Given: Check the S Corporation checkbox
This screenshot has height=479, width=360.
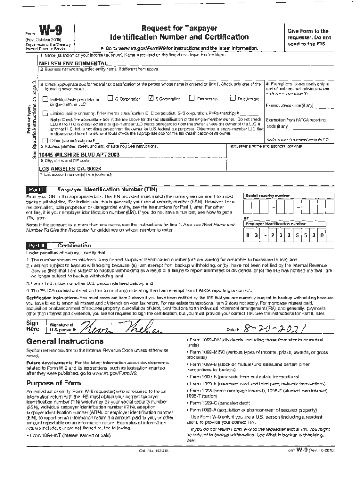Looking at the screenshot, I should coord(150,98).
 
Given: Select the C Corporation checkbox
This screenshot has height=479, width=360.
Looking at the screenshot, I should coord(110,98).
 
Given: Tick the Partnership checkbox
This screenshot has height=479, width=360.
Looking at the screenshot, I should coord(192,98).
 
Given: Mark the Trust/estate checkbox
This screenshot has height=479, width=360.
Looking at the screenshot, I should coord(233,98).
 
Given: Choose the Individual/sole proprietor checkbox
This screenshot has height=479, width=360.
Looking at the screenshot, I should coord(45,99).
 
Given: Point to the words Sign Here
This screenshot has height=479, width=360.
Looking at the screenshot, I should coord(33,326).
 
